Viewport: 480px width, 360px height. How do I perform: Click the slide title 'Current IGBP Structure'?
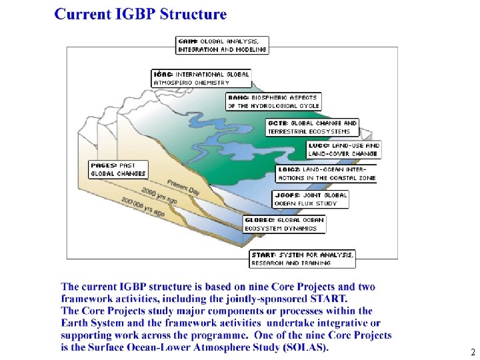(x=141, y=14)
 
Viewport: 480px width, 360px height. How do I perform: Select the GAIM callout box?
(x=222, y=45)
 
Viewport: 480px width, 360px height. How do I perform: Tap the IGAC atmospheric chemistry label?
(x=201, y=78)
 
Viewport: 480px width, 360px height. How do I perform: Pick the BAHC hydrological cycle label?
(x=273, y=101)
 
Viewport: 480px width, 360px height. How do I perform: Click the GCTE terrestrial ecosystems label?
(x=313, y=127)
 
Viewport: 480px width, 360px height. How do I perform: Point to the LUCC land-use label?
(x=343, y=149)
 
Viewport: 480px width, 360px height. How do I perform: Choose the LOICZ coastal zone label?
(x=327, y=173)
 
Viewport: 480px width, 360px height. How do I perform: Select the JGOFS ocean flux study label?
(x=310, y=199)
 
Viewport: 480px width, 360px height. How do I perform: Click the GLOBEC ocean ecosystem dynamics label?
(x=285, y=224)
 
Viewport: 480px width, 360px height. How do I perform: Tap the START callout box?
(x=303, y=259)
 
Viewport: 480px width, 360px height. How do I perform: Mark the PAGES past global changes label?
(x=118, y=169)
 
